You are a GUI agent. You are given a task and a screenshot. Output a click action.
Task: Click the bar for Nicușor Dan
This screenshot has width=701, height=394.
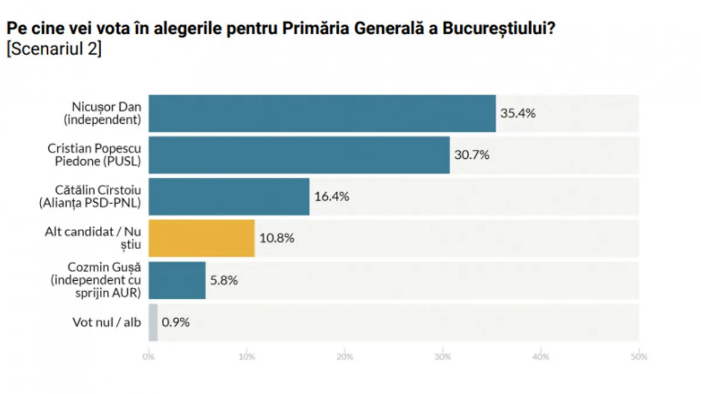[x=322, y=113]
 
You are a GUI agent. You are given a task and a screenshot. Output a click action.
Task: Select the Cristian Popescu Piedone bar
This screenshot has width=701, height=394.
[x=299, y=155]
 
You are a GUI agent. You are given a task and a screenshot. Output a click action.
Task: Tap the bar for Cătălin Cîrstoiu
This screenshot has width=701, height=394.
[x=229, y=197]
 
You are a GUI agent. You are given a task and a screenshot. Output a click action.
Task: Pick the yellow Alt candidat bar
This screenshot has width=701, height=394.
[x=202, y=238]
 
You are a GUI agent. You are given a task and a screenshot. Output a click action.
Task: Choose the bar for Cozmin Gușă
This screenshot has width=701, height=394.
[x=177, y=280]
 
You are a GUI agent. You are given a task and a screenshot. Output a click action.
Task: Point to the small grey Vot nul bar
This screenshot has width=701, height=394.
[x=153, y=322]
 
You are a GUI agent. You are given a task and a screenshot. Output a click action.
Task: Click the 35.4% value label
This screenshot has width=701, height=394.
[x=518, y=113]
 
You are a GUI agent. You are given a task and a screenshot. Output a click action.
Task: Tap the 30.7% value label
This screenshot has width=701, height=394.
[x=472, y=155]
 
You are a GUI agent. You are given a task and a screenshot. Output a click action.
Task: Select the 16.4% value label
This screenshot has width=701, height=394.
[x=332, y=197]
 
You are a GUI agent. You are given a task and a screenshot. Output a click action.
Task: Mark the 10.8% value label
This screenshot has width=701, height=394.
[x=277, y=238]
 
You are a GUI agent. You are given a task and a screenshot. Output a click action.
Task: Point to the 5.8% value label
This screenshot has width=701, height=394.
[x=224, y=280]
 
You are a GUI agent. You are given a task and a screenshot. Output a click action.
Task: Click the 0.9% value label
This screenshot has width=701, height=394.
[x=176, y=322]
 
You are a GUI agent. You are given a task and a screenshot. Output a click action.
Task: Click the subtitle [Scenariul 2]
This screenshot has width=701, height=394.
[x=54, y=49]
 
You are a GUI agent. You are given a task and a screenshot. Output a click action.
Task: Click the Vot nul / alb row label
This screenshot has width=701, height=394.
[x=107, y=322]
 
